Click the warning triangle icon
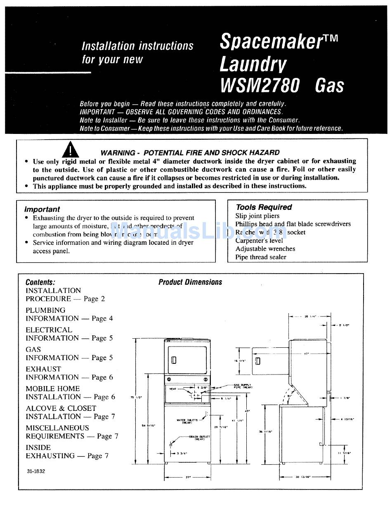pos(71,150)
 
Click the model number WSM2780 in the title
pos(260,85)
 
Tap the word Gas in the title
pos(329,85)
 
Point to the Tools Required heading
pos(264,207)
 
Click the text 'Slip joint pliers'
pos(257,216)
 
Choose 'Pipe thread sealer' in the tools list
pos(261,257)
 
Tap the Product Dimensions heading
pos(190,282)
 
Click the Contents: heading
pos(40,282)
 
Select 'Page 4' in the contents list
pos(102,319)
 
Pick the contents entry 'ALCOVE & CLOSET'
pos(61,408)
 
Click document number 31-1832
pos(35,471)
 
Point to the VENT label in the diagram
pos(173,389)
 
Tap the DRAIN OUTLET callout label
pos(199,437)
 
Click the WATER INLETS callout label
pos(187,421)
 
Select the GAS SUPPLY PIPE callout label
pos(243,386)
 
